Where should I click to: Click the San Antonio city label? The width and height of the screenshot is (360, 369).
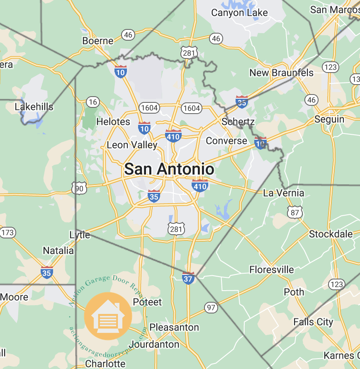point(169,169)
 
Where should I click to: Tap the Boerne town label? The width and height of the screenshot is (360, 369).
point(98,41)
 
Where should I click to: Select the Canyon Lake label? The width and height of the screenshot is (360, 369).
point(239,13)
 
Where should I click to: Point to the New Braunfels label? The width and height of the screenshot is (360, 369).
point(281,73)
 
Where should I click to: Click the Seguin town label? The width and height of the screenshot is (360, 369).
point(329,119)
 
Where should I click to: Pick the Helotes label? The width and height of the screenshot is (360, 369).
point(113,122)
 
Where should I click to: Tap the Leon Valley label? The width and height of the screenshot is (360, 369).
point(132,145)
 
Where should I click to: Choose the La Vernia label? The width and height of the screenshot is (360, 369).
point(284,193)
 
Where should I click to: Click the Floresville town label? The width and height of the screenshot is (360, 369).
point(272,270)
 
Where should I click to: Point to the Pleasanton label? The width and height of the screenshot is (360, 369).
point(174,327)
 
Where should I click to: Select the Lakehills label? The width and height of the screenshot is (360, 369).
point(34,107)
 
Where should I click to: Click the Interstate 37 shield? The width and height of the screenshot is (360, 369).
point(188,278)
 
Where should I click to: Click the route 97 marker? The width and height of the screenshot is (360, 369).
point(211,307)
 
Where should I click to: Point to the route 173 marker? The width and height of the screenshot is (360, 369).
point(8,233)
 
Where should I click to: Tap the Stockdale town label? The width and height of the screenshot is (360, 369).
point(331,234)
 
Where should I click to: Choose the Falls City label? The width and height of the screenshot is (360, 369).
point(313,322)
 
